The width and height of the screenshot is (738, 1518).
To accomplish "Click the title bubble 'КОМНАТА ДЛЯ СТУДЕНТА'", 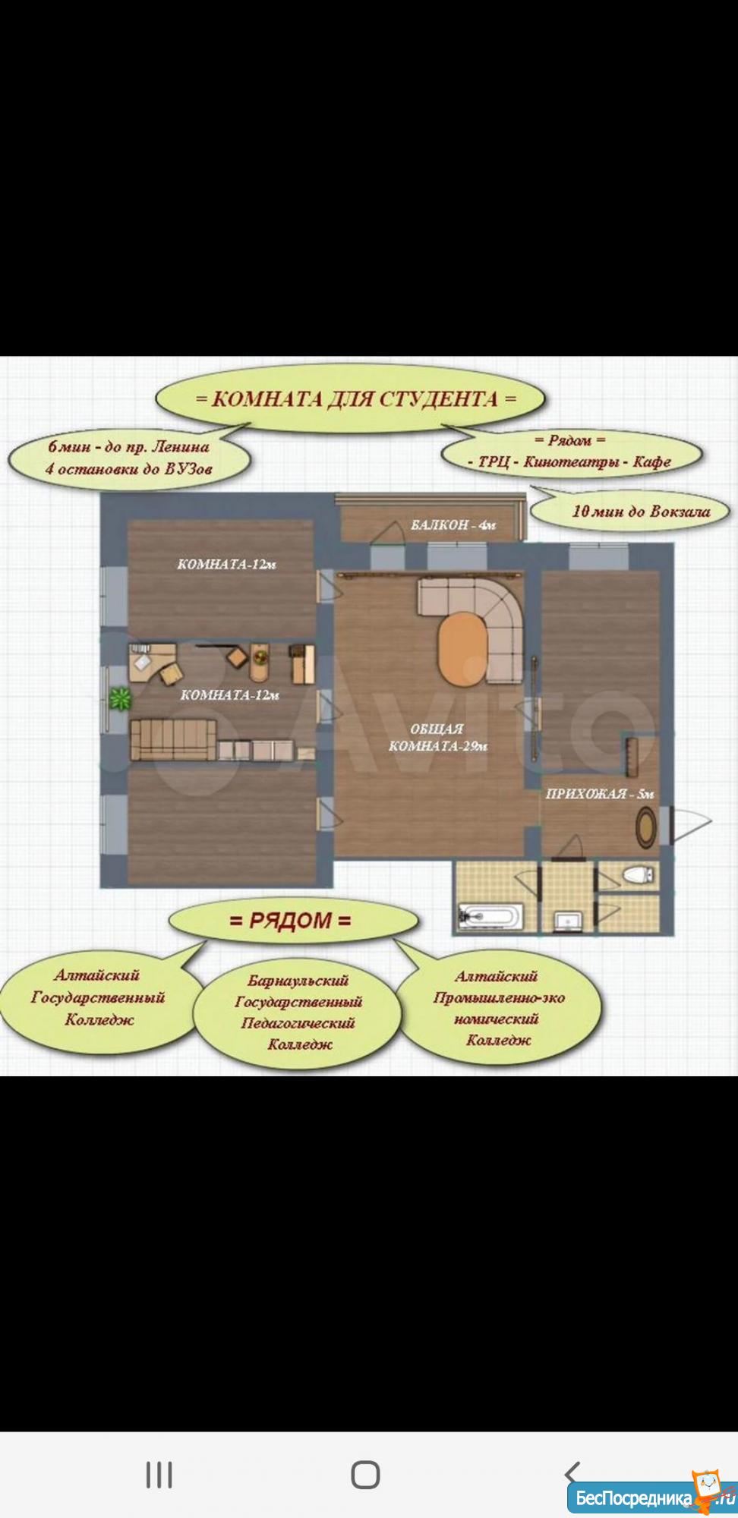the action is click(x=351, y=398).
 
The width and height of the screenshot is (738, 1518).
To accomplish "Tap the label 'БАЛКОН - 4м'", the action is click(x=453, y=525).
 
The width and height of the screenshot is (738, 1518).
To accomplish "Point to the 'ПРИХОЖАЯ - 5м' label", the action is click(x=599, y=794).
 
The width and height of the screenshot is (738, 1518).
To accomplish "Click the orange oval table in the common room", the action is click(x=462, y=650).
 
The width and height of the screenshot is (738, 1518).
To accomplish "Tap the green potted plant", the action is click(x=120, y=698).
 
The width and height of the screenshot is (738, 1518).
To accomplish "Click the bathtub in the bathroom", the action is click(x=490, y=915).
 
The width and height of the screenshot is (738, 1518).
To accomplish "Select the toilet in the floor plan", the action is click(x=638, y=874).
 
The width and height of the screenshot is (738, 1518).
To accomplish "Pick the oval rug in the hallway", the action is click(x=646, y=828).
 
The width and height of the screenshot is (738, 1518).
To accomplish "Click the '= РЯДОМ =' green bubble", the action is click(x=292, y=921).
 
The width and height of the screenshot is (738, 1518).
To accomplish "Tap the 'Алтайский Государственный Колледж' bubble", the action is click(x=98, y=997).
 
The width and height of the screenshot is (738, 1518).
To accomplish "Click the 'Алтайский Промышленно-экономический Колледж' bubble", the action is click(x=498, y=1009).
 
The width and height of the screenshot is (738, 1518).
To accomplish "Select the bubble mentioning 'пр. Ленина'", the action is click(x=129, y=458).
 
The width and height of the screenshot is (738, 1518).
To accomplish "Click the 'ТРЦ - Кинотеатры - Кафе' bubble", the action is click(x=571, y=452).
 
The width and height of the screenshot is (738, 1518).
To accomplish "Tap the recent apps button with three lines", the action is click(x=159, y=1475).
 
